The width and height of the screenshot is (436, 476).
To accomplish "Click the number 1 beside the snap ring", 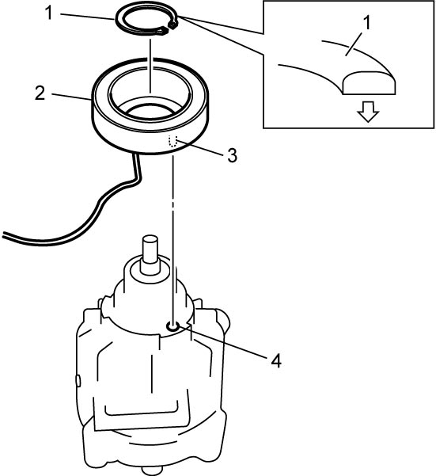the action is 49,13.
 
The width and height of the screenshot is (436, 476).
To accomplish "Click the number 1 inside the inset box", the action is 367,23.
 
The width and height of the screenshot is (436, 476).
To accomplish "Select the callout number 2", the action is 40,93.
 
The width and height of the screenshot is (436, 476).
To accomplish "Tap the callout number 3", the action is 232,155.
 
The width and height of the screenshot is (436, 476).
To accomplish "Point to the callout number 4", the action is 276,361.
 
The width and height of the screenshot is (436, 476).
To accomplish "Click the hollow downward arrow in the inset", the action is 368,112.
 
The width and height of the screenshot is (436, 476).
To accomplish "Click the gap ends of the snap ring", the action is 169,27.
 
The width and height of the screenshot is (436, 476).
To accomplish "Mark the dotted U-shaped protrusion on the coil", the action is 173,142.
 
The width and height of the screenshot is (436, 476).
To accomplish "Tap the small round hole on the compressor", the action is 173,326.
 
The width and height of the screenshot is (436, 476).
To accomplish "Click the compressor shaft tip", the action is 150,240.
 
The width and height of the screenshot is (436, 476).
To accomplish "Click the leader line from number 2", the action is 71,97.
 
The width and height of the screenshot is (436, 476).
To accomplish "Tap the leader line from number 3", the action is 200,148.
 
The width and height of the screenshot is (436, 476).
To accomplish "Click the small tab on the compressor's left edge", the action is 78,380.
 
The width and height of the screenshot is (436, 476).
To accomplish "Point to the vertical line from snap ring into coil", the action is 150,66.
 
